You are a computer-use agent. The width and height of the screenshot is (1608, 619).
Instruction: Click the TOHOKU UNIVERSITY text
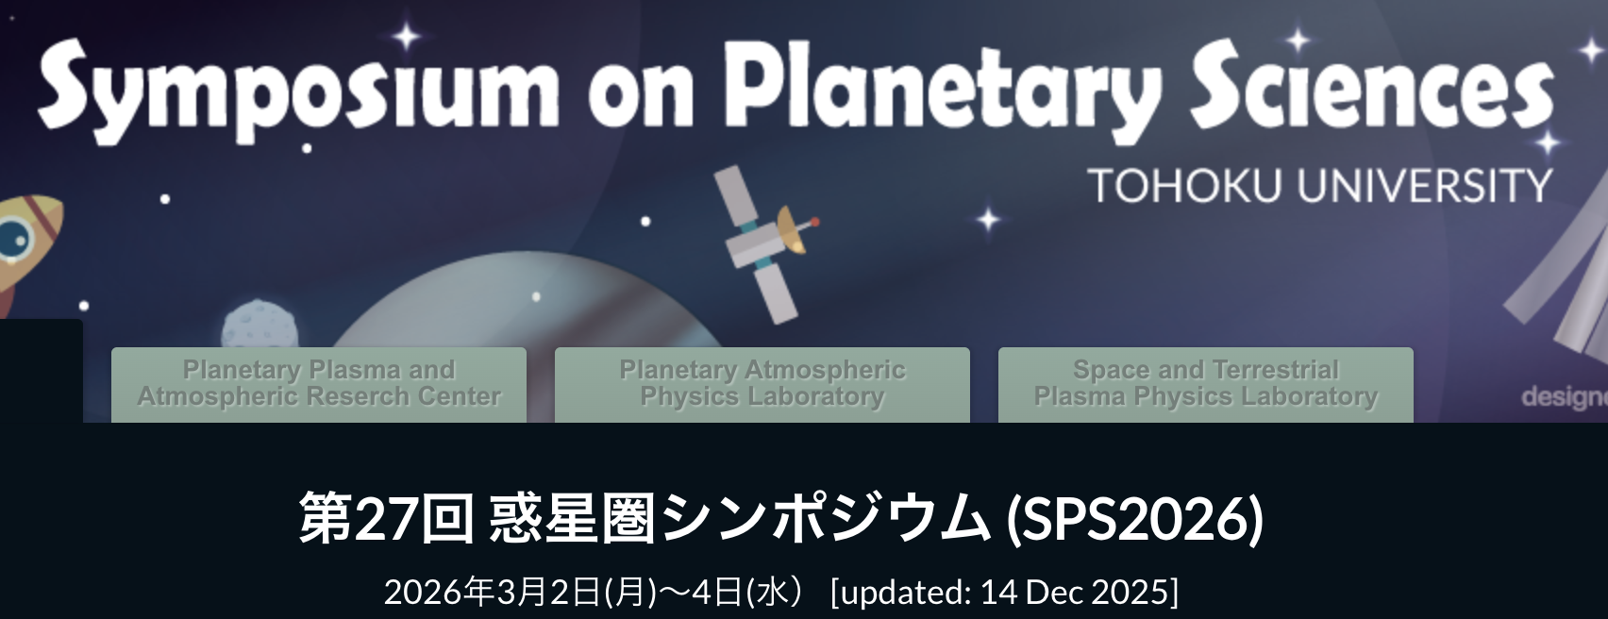click(x=1320, y=185)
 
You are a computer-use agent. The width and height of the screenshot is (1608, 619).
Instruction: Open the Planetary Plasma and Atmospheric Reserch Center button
click(x=319, y=385)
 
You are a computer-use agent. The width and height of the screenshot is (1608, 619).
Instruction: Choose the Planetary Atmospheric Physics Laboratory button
click(x=762, y=385)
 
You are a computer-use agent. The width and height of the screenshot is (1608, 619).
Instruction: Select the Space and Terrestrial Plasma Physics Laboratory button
click(x=1206, y=385)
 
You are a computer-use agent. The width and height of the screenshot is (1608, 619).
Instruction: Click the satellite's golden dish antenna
click(x=791, y=230)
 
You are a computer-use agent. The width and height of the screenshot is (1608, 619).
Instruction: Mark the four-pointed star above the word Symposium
click(x=407, y=36)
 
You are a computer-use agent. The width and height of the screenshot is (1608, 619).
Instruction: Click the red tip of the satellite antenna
click(x=814, y=222)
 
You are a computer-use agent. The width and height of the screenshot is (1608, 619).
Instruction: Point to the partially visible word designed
click(x=1565, y=396)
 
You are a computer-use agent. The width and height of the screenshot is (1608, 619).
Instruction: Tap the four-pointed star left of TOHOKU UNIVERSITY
click(x=989, y=219)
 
